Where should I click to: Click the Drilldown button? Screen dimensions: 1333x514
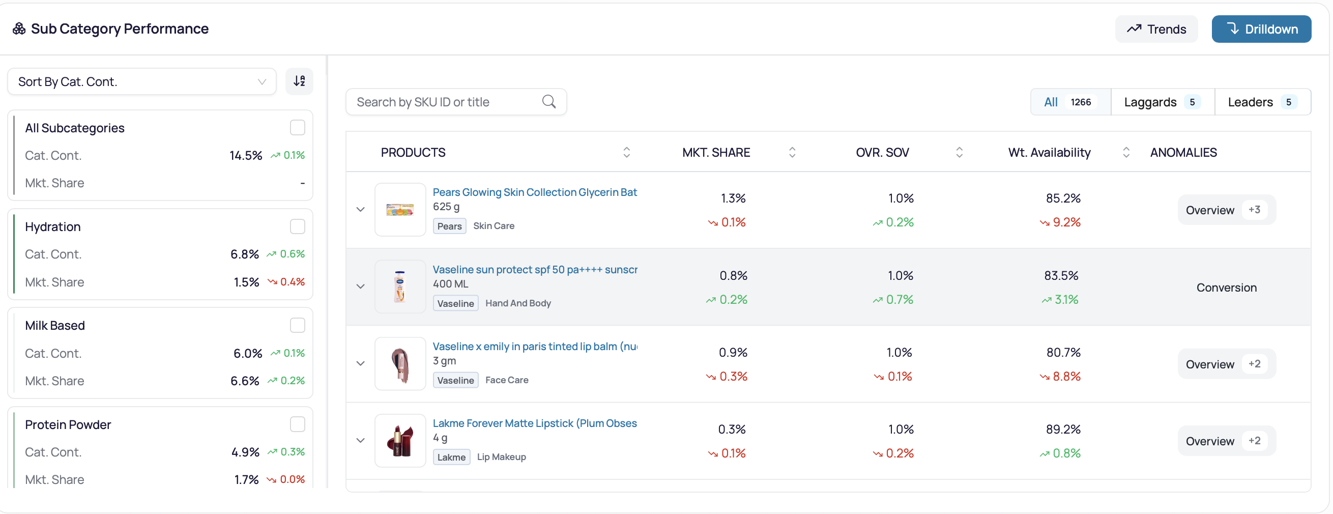[x=1261, y=29]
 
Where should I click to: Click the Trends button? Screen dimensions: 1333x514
[x=1156, y=29]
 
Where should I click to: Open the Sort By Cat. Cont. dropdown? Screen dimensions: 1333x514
[x=142, y=81]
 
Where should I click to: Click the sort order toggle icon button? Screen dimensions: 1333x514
[x=299, y=81]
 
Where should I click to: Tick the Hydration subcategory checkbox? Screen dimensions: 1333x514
[x=298, y=226]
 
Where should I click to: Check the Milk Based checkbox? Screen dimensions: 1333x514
[x=298, y=326]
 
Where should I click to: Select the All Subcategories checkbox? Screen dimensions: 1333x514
[x=298, y=128]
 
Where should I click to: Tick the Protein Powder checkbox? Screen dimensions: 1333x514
[x=298, y=424]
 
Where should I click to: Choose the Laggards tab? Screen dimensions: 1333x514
[x=1162, y=102]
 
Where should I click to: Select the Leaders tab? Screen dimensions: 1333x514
[x=1263, y=102]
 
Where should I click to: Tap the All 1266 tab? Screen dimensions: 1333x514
[x=1070, y=102]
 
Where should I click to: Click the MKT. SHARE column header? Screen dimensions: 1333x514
[x=716, y=152]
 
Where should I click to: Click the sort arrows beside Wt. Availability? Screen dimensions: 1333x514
[x=1126, y=152]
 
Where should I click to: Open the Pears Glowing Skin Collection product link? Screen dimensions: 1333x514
[x=535, y=192]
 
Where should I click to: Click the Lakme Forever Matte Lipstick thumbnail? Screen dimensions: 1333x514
[x=400, y=441]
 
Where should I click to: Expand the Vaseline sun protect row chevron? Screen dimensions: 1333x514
[x=361, y=286]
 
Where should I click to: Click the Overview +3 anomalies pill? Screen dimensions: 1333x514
[x=1226, y=210]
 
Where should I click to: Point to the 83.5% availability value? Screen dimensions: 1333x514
[x=1061, y=275]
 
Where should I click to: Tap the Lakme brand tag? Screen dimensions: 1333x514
[x=451, y=457]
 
